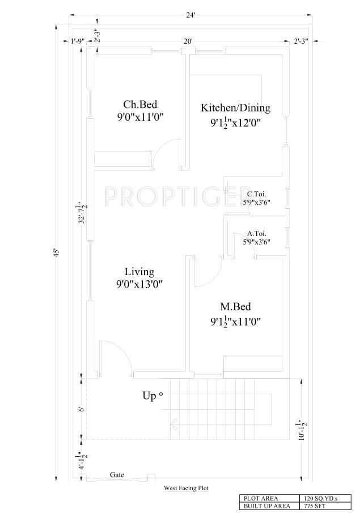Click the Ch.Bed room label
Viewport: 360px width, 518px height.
pyautogui.click(x=140, y=104)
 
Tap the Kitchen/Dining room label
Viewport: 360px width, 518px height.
pyautogui.click(x=236, y=108)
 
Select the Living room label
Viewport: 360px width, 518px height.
pyautogui.click(x=139, y=272)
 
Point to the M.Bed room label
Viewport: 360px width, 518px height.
pyautogui.click(x=236, y=306)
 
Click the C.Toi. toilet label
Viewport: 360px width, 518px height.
pyautogui.click(x=256, y=194)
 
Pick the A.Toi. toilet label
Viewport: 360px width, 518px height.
pyautogui.click(x=257, y=234)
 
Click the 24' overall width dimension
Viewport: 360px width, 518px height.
pyautogui.click(x=190, y=15)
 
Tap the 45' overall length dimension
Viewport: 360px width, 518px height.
pyautogui.click(x=57, y=252)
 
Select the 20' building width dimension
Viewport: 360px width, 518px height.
pyautogui.click(x=188, y=41)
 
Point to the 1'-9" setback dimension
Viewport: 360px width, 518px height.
pyautogui.click(x=78, y=41)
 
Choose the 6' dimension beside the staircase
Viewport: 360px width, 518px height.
pyautogui.click(x=82, y=409)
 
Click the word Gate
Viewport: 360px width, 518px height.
pyautogui.click(x=117, y=475)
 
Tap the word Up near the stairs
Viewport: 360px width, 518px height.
pyautogui.click(x=149, y=396)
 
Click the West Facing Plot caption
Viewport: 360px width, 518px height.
pyautogui.click(x=187, y=488)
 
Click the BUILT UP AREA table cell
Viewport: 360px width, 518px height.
pyautogui.click(x=267, y=506)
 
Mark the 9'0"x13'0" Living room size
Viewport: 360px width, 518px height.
pyautogui.click(x=139, y=284)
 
